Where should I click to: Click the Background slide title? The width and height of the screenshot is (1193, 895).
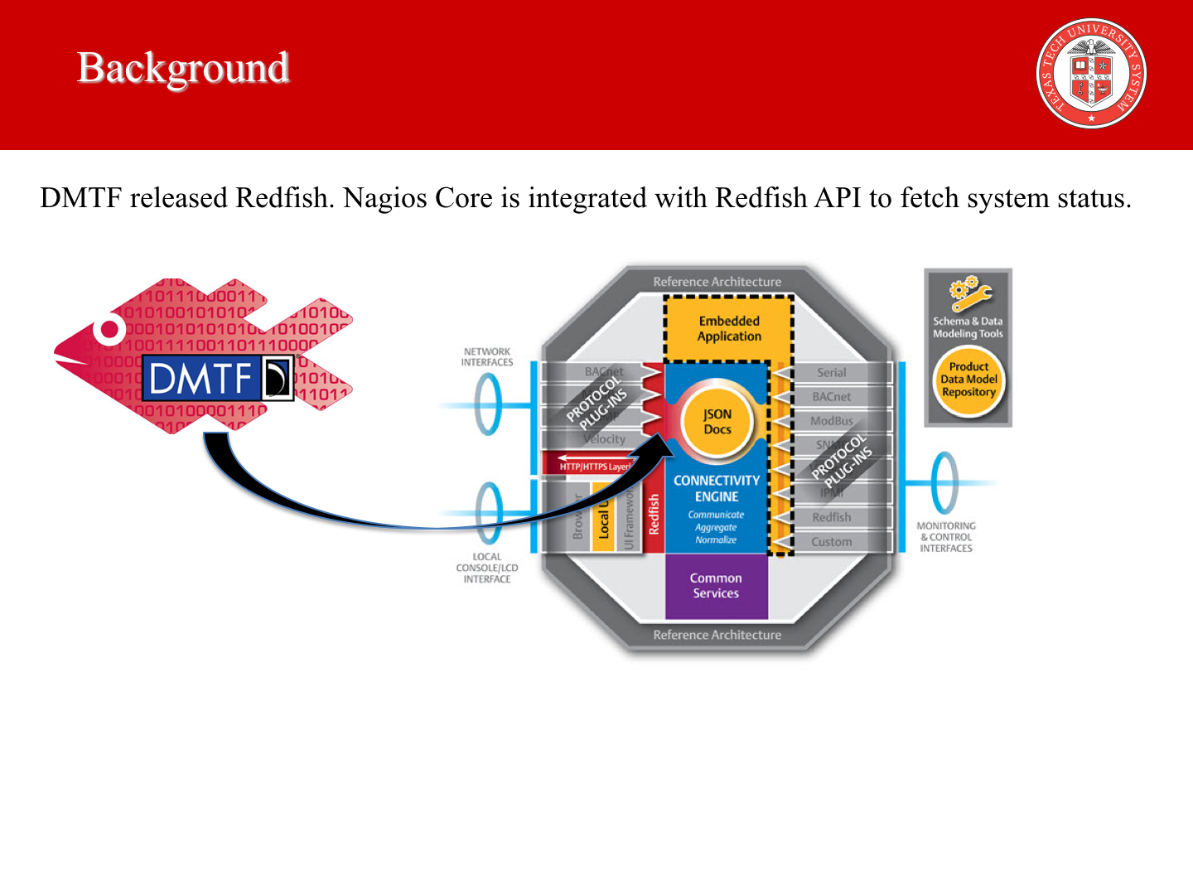(183, 69)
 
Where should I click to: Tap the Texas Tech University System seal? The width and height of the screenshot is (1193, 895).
(1091, 74)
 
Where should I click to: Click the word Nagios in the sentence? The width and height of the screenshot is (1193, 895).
(385, 198)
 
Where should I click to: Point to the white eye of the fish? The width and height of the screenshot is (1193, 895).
(109, 330)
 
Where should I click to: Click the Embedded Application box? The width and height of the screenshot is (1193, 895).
(729, 329)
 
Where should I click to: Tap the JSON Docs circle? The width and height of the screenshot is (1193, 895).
(717, 422)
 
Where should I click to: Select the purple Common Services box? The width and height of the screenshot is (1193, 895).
(717, 586)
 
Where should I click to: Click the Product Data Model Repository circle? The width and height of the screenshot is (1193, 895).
(968, 380)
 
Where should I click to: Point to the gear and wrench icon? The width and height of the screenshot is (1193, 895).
(968, 294)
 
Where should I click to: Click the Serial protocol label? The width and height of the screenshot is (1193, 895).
(832, 373)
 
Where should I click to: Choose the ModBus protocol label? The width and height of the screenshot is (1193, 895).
(832, 421)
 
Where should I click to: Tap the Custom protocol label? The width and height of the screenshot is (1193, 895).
(832, 542)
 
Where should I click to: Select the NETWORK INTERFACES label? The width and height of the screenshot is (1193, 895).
(487, 357)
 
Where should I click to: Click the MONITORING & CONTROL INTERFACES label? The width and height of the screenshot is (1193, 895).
(946, 537)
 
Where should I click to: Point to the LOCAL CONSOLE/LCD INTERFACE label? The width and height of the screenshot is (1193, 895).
(487, 568)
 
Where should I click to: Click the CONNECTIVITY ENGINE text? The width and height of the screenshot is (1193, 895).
(717, 488)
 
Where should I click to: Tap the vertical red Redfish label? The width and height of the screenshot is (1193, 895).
(654, 514)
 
